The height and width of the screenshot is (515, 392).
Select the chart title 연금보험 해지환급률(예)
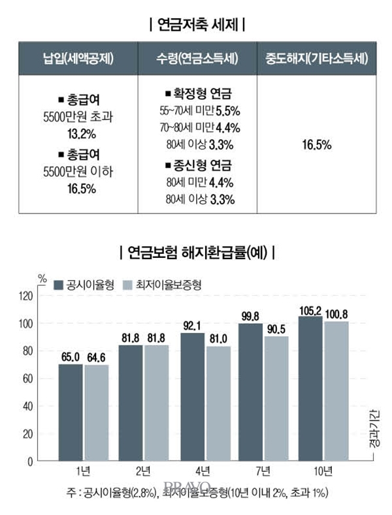[197, 251]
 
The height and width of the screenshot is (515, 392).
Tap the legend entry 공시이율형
[88, 285]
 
